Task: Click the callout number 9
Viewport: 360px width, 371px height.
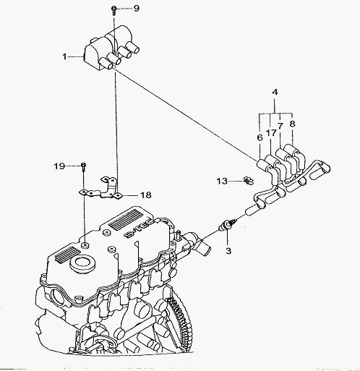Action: [x=137, y=9]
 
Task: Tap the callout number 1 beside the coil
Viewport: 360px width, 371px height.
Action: [x=64, y=57]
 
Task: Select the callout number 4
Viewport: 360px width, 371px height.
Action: [x=275, y=92]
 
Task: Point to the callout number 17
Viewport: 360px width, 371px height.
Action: [x=271, y=132]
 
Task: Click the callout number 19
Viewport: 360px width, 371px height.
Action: [x=59, y=166]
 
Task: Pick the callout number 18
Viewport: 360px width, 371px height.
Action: [x=146, y=195]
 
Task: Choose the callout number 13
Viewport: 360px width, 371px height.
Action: [x=222, y=181]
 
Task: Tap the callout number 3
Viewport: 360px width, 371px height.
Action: [x=228, y=251]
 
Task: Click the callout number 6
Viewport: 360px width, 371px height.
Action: [x=260, y=137]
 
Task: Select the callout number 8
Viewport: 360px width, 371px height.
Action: [x=292, y=124]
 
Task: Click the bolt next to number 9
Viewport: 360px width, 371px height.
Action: [x=113, y=11]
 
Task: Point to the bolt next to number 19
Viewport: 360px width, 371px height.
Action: [x=84, y=167]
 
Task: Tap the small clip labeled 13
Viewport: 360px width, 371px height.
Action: [x=248, y=181]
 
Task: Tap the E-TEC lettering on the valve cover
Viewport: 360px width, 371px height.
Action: [x=140, y=228]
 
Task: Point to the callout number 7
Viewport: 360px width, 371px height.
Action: [x=280, y=126]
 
